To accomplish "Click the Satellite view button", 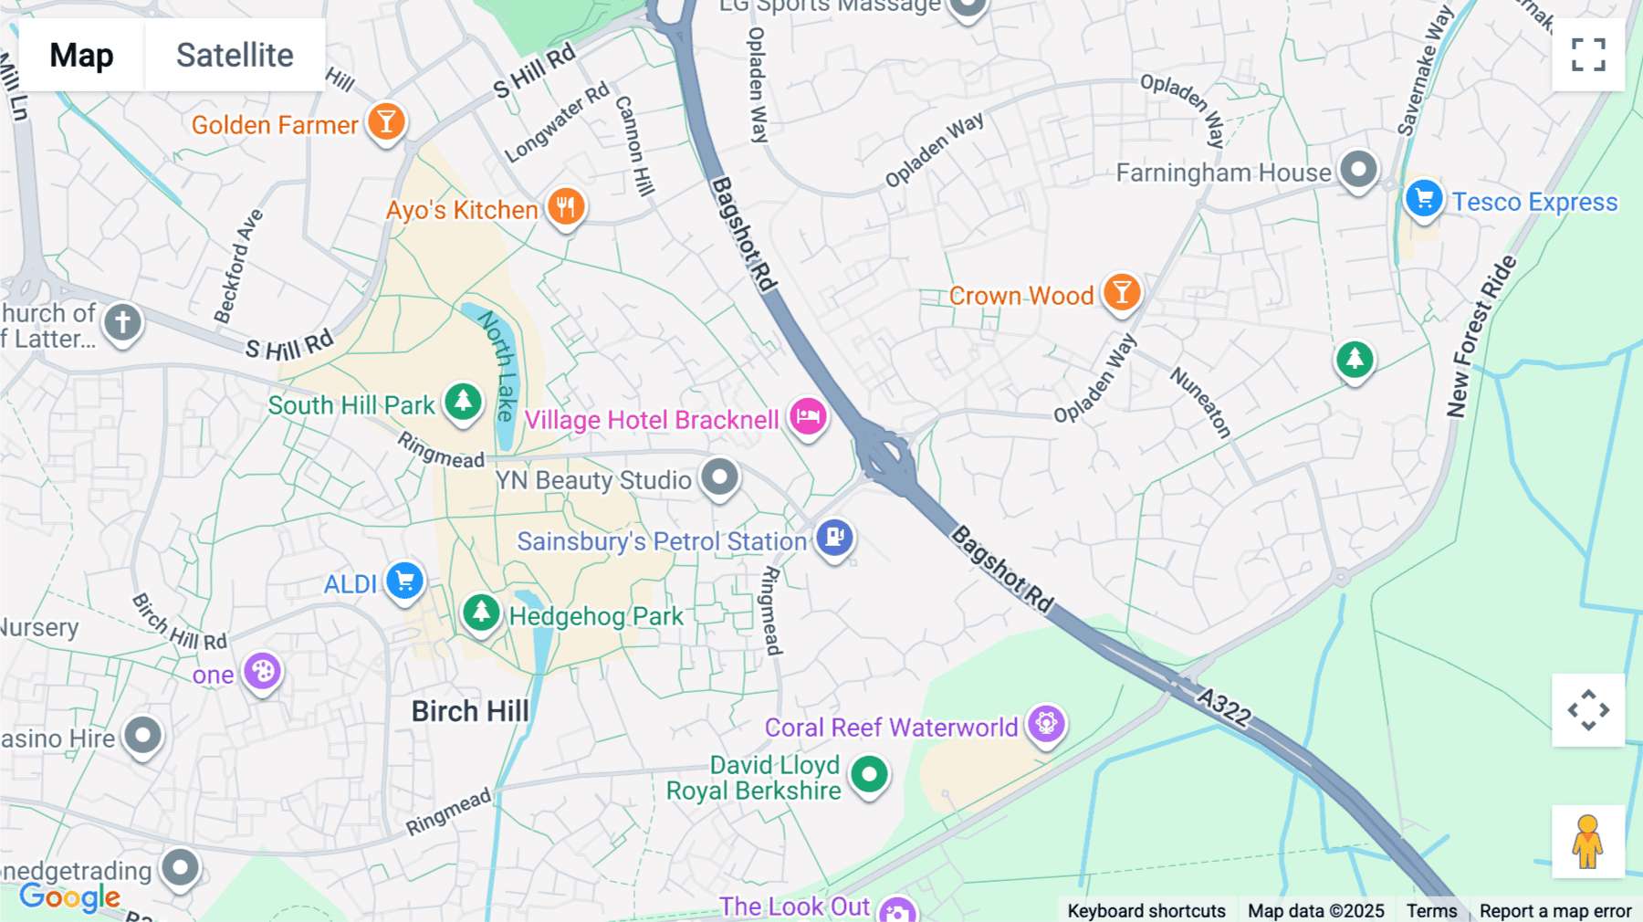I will point(235,55).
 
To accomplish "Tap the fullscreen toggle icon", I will point(1588,55).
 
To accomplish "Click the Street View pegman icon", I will point(1588,842).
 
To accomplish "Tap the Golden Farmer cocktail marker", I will point(386,121).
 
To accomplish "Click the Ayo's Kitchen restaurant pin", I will point(566,207).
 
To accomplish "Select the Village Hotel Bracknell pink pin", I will point(808,417).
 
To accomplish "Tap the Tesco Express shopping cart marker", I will point(1423,199).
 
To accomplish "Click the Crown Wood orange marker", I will point(1122,293).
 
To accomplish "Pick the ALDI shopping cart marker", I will point(404,581).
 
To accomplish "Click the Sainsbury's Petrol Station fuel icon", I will point(834,538).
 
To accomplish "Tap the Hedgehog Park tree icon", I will point(481,613).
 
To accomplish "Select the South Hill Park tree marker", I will point(463,402).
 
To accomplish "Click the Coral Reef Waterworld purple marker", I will point(1046,724).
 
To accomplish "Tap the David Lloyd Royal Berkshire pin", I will point(869,775).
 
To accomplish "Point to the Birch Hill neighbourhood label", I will point(470,711).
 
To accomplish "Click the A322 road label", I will point(1224,707).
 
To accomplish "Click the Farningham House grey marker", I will point(1358,169).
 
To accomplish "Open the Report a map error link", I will point(1555,911).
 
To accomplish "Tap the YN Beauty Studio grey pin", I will point(720,477).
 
